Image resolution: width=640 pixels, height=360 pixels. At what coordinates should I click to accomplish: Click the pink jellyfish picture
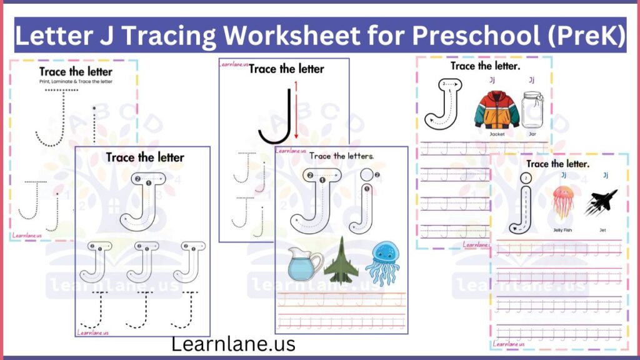[x=562, y=199]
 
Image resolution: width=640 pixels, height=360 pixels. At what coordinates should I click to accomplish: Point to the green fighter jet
[x=341, y=259]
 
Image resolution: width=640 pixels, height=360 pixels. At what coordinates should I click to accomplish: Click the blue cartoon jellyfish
[x=382, y=261]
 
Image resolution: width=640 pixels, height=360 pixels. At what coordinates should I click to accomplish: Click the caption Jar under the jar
[x=532, y=134]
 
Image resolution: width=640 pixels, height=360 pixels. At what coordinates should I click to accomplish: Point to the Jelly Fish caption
[x=562, y=229]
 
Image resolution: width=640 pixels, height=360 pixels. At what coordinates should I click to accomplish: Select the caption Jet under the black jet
[x=601, y=229]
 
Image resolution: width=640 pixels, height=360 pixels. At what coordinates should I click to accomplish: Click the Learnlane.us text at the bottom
[x=234, y=344]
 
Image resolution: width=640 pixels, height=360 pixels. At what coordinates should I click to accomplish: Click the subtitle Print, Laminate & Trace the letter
[x=76, y=82]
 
